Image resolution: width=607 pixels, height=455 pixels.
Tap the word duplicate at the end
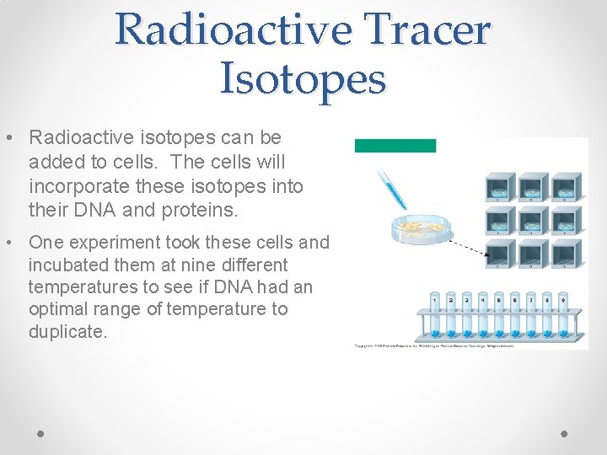pos(67,331)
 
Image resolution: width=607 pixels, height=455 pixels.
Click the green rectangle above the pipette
pos(395,146)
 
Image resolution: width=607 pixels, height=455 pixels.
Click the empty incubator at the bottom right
pos(566,254)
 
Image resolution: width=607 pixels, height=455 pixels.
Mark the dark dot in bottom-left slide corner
pos(41,433)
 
